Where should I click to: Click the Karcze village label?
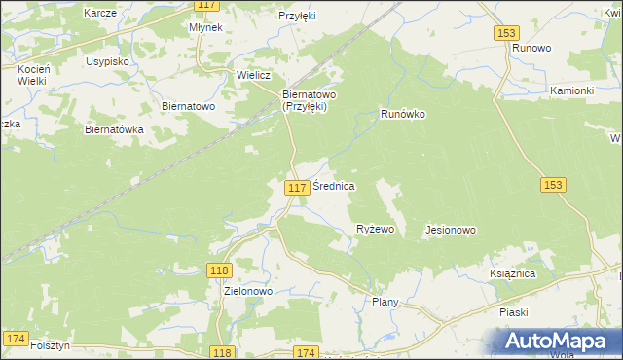(x=101, y=13)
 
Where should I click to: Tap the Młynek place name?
(x=206, y=28)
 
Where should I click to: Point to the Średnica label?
(x=334, y=185)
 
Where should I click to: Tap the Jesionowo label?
(x=450, y=231)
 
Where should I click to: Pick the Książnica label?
(x=513, y=274)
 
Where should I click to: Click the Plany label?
(x=385, y=303)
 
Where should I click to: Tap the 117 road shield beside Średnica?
(x=298, y=186)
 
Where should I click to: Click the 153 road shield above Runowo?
(x=504, y=33)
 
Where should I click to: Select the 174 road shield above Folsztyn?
(x=16, y=338)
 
